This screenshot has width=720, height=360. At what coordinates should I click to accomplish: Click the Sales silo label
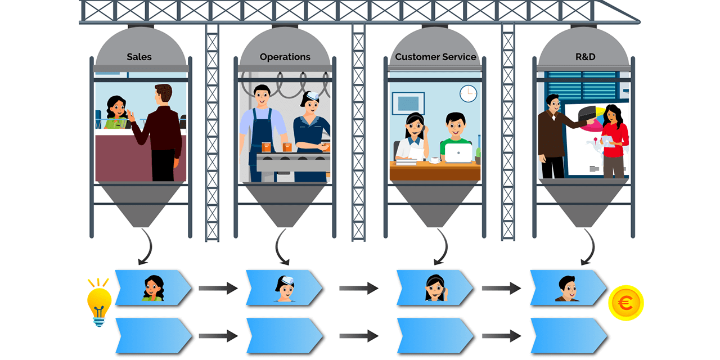click(139, 57)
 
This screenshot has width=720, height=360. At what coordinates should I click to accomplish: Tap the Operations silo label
click(285, 57)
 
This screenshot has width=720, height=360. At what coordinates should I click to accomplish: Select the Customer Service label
click(435, 57)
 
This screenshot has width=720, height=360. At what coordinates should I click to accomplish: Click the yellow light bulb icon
click(98, 301)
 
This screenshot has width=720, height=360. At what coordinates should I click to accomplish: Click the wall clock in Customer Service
click(468, 93)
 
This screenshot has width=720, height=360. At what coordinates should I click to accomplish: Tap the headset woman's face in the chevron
click(435, 287)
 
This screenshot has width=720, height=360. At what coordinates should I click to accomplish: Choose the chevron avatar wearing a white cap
click(285, 287)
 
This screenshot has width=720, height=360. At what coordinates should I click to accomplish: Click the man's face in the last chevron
click(568, 288)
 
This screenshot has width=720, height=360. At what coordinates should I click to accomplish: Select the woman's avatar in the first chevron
click(152, 288)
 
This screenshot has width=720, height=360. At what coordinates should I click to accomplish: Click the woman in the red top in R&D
click(614, 141)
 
